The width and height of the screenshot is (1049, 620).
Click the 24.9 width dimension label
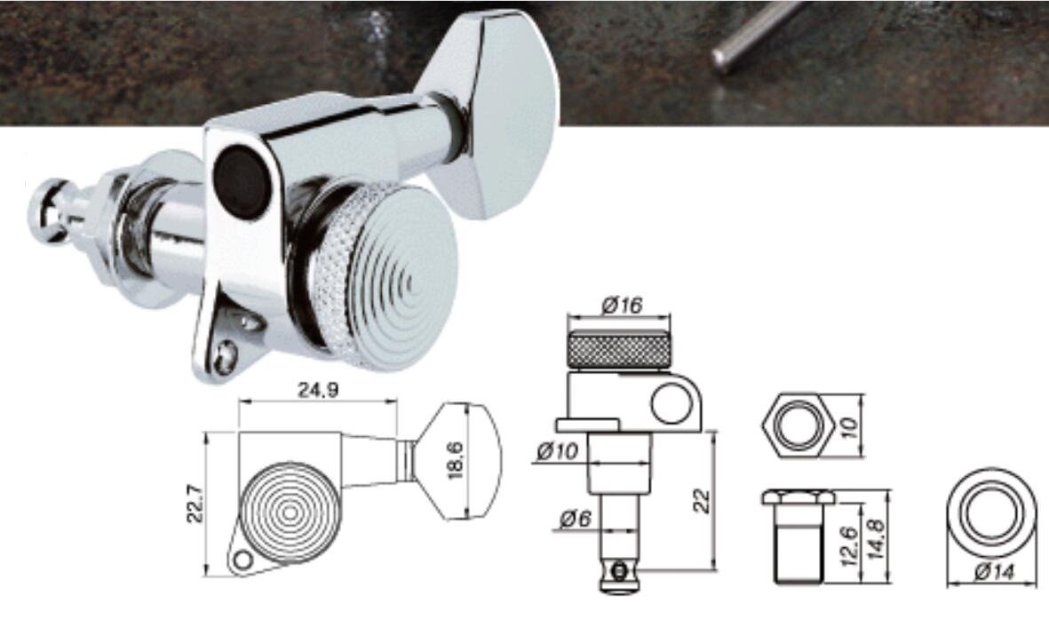pyautogui.click(x=318, y=391)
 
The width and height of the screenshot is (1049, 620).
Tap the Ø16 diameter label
pyautogui.click(x=621, y=306)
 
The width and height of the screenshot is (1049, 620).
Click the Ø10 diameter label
pyautogui.click(x=557, y=451)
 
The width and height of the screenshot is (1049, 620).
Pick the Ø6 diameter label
pyautogui.click(x=576, y=519)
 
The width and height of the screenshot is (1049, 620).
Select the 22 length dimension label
pyautogui.click(x=701, y=500)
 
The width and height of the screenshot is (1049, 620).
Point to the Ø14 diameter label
pyautogui.click(x=994, y=573)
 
